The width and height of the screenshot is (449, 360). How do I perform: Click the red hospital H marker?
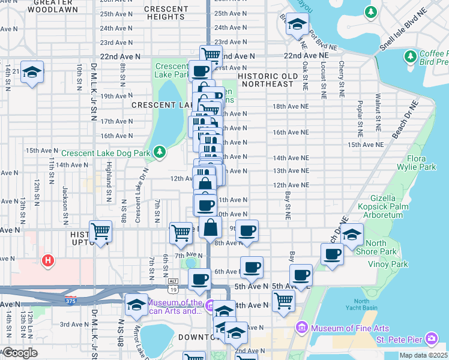coord(47,260)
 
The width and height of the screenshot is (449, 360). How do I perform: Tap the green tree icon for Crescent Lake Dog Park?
coord(159,152)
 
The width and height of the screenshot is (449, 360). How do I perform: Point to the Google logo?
coord(20,353)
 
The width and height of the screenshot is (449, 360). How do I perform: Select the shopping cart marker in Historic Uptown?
coord(100,230)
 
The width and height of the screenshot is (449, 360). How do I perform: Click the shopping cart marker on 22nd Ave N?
coord(211,55)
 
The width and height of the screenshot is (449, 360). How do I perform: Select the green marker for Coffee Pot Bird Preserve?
coord(411,56)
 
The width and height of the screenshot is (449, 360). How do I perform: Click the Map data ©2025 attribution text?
coord(423,355)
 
